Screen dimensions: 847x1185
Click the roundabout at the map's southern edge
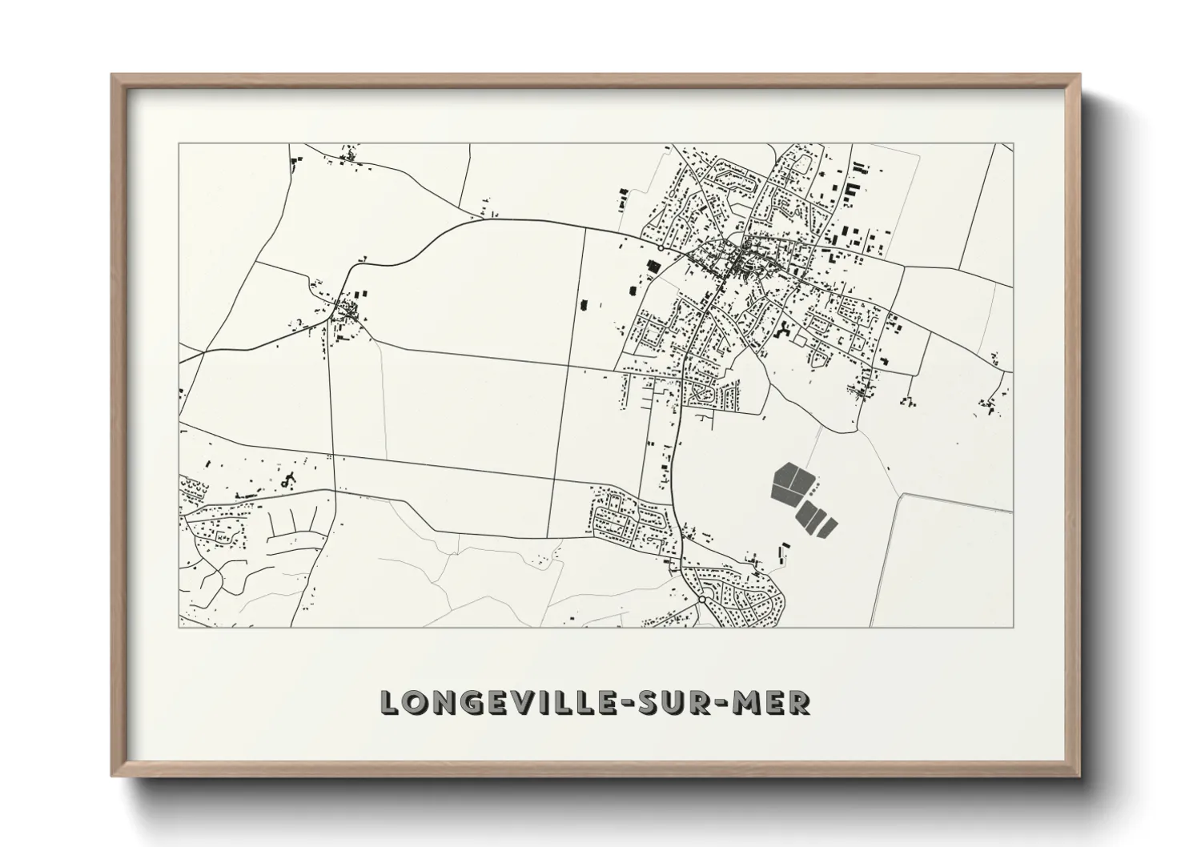pyautogui.click(x=701, y=599)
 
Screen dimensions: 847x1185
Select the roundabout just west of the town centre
pyautogui.click(x=660, y=248)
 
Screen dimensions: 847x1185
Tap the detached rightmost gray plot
pyautogui.click(x=829, y=527)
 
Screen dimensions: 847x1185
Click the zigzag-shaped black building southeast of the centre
pyautogui.click(x=783, y=330)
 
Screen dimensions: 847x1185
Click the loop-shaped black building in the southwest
pyautogui.click(x=287, y=481)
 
